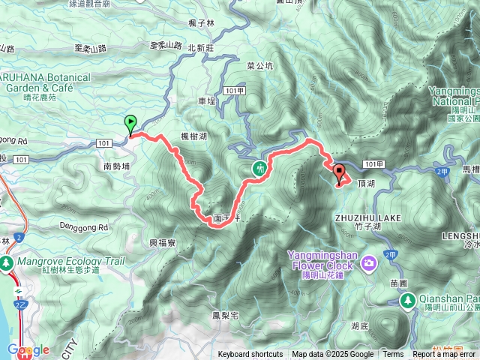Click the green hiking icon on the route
click(259, 169)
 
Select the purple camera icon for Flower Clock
click(369, 262)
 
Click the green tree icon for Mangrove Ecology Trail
click(7, 263)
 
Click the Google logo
click(28, 350)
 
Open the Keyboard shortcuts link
click(250, 355)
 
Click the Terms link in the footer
click(393, 355)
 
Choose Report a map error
click(445, 355)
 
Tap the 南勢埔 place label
click(117, 166)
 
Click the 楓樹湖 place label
click(193, 136)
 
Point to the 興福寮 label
click(162, 243)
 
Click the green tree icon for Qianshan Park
click(407, 301)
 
